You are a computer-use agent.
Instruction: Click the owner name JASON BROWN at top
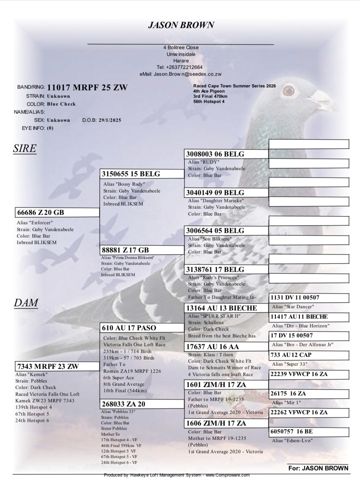click(x=181, y=25)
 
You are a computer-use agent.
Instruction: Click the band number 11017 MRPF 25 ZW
click(x=87, y=88)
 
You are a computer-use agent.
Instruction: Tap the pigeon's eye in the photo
click(x=288, y=89)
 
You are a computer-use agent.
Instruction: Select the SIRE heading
click(x=25, y=149)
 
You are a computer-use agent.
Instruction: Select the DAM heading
click(x=26, y=303)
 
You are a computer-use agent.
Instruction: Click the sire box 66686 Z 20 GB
click(x=57, y=213)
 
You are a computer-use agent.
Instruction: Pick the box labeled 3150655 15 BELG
click(x=142, y=174)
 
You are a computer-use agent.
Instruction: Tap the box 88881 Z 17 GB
click(x=142, y=250)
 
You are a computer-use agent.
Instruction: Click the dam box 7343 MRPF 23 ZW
click(x=57, y=366)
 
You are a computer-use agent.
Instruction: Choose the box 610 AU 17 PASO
click(x=142, y=328)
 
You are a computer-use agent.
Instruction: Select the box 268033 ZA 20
click(x=142, y=404)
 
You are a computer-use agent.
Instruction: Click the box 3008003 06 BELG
click(x=226, y=154)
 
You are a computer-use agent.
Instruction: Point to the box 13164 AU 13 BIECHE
click(x=226, y=308)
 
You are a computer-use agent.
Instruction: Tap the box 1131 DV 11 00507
click(x=309, y=298)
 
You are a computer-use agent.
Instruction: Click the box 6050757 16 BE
click(x=309, y=432)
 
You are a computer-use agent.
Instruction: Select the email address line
click(x=181, y=74)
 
